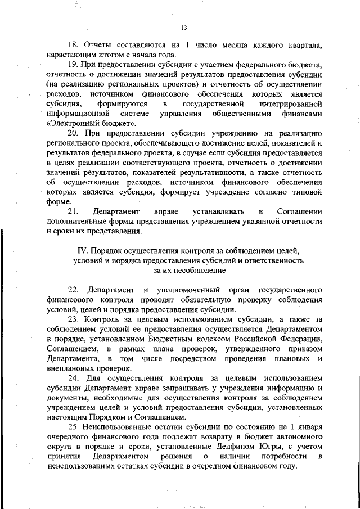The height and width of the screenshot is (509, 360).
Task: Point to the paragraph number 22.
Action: pyautogui.click(x=73, y=290)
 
